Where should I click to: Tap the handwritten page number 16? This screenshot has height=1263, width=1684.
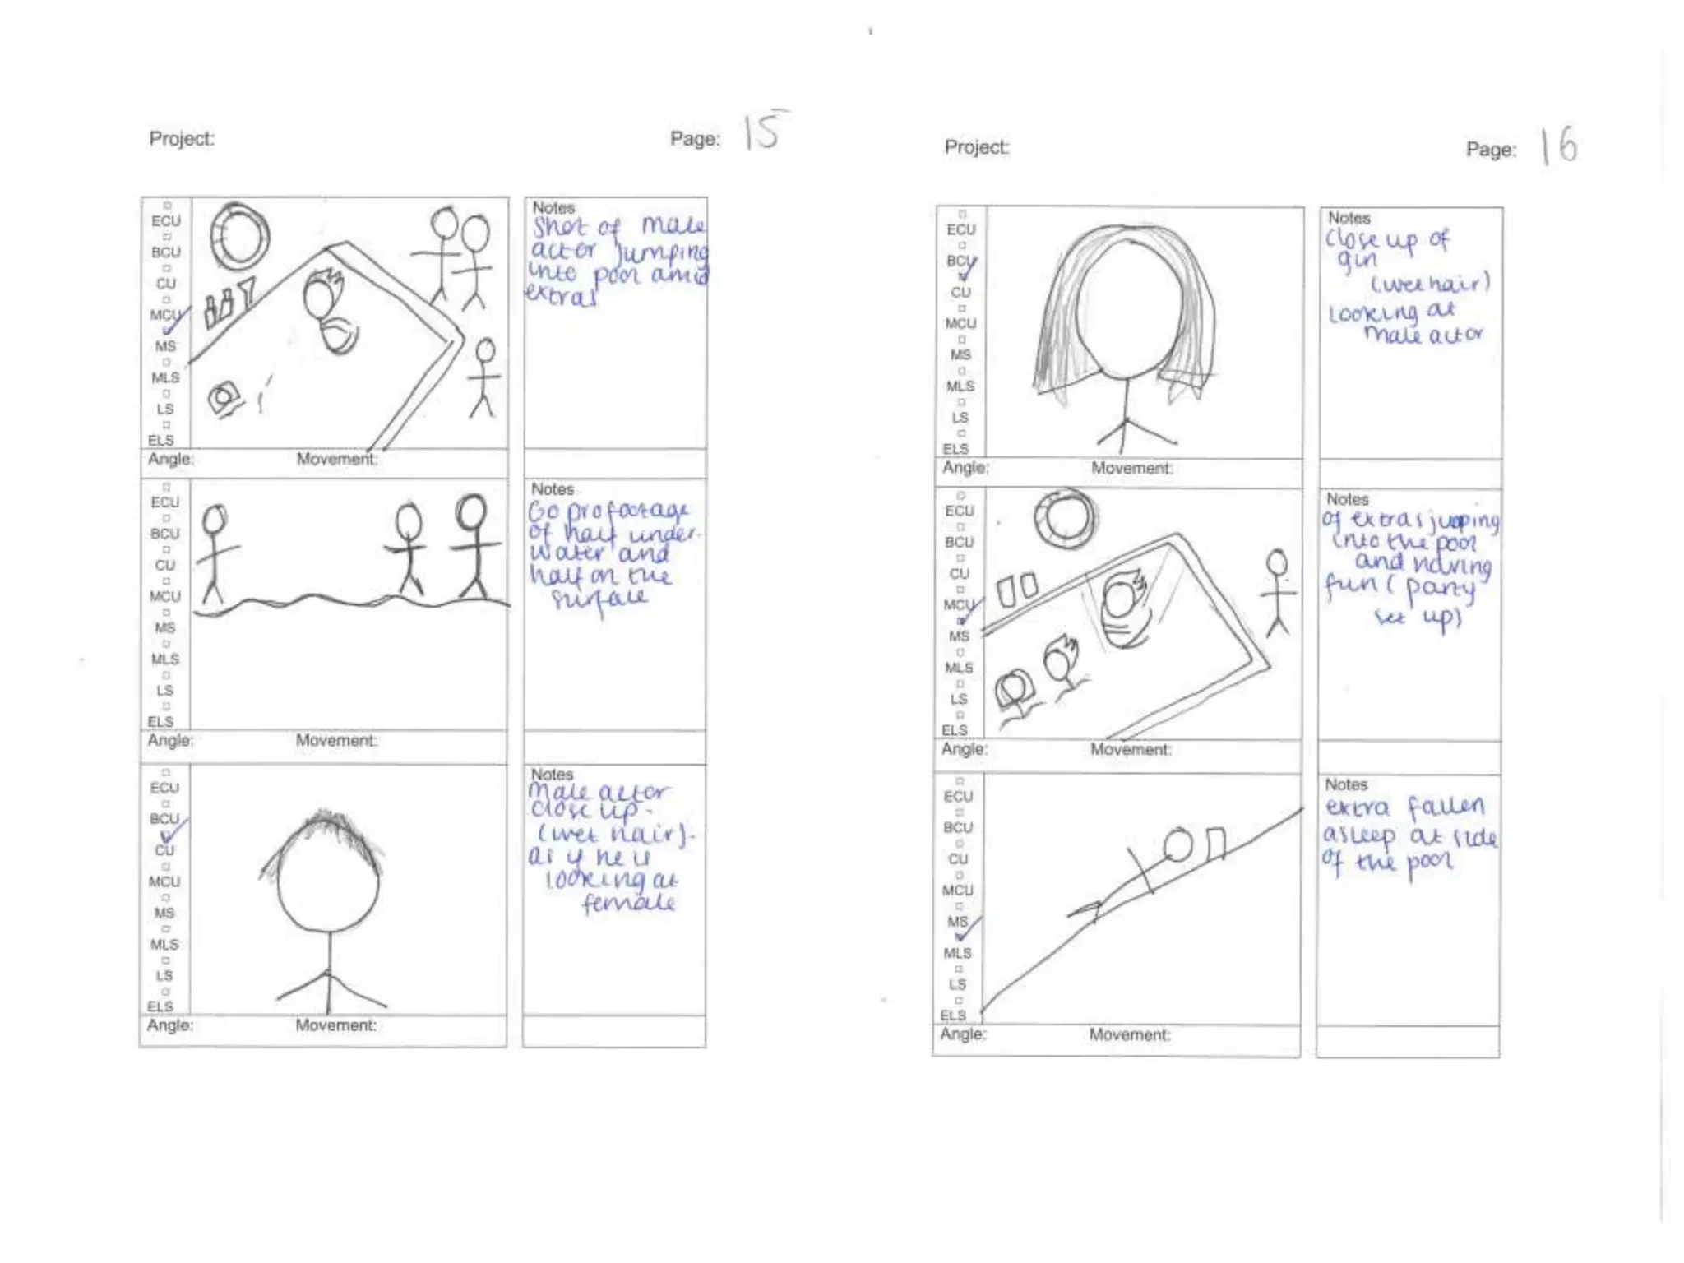click(1560, 146)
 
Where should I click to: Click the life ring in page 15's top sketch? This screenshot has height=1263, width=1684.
click(239, 237)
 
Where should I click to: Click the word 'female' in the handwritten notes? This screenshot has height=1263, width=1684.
click(629, 903)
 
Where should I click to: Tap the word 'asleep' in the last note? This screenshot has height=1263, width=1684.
click(1359, 835)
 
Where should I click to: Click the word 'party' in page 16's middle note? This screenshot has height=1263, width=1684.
click(1441, 589)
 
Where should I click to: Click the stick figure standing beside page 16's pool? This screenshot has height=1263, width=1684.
click(1277, 592)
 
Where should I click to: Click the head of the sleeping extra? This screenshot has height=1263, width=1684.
click(1178, 845)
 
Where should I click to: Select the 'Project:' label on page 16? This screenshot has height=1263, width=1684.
click(976, 147)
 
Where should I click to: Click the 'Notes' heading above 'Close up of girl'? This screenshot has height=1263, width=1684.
click(1349, 218)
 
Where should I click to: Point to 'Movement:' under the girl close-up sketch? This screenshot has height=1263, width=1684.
click(1131, 468)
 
